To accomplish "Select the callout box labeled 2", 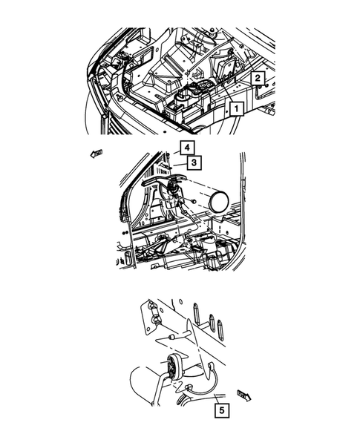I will tap(258, 77).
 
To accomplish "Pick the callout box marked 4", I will tap(188, 147).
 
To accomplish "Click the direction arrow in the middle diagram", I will tap(95, 153).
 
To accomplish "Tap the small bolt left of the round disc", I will tap(193, 201).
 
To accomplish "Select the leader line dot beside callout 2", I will tap(264, 86).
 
